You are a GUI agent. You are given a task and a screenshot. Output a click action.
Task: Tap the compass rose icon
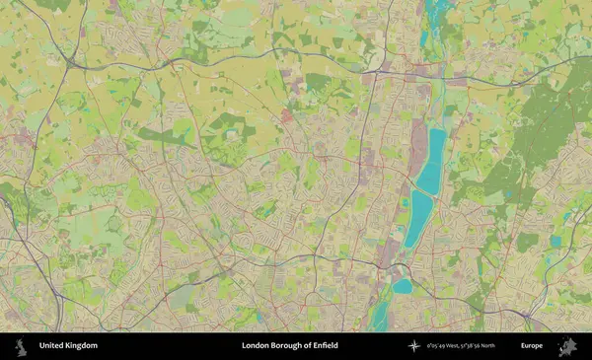[x=413, y=346]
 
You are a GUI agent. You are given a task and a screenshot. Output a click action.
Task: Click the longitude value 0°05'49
[x=438, y=346]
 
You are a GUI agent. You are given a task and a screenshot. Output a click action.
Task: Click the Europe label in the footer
[x=532, y=346]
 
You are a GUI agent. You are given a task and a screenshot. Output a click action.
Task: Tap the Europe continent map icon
[x=566, y=346]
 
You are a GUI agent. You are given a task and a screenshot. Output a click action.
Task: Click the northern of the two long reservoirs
[x=432, y=161]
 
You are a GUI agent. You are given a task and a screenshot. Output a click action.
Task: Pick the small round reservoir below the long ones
[x=402, y=286]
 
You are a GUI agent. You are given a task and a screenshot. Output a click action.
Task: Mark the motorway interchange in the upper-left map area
[x=73, y=63]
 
